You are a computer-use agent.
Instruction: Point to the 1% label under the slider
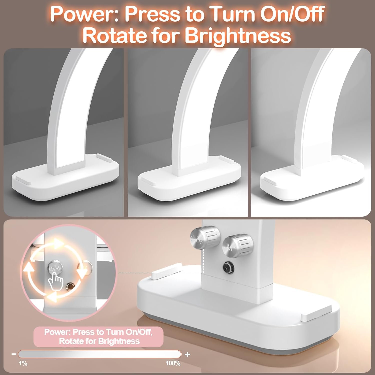(23, 363)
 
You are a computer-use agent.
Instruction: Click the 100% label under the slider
(173, 363)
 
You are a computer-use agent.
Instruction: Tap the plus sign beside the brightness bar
(187, 354)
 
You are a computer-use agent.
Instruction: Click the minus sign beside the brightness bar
(14, 354)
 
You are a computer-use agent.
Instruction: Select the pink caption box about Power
(98, 337)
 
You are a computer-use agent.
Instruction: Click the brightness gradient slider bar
(99, 354)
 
